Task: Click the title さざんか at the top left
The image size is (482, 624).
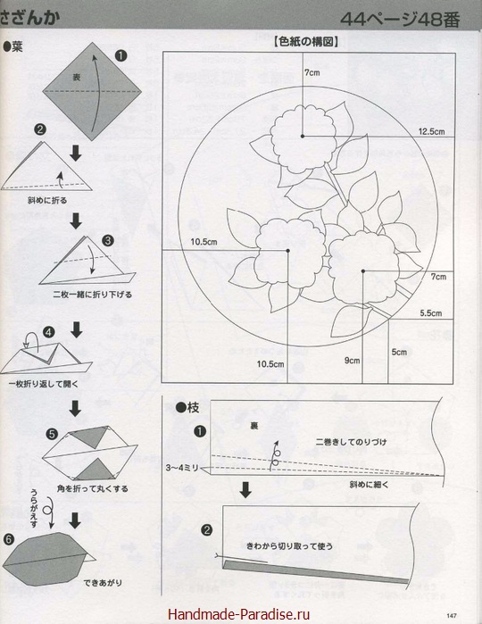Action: pyautogui.click(x=29, y=19)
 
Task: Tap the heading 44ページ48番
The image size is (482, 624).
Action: pyautogui.click(x=400, y=19)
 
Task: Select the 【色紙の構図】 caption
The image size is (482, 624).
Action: pyautogui.click(x=305, y=42)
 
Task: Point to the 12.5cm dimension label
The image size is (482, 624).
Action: pyautogui.click(x=431, y=131)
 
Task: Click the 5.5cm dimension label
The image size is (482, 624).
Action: pyautogui.click(x=430, y=313)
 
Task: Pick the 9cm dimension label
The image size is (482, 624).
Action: pyautogui.click(x=352, y=361)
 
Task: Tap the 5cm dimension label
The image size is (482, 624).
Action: pyautogui.click(x=399, y=352)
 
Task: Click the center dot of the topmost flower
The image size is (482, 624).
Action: pyautogui.click(x=303, y=136)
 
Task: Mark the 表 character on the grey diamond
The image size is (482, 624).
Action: pyautogui.click(x=76, y=77)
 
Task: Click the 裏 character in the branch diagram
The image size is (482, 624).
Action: pyautogui.click(x=253, y=426)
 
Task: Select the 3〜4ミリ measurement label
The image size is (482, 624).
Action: pyautogui.click(x=182, y=468)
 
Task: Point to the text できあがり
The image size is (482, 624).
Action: pyautogui.click(x=103, y=583)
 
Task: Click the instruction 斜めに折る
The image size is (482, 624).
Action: pyautogui.click(x=47, y=200)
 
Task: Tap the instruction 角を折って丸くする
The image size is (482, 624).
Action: pyautogui.click(x=92, y=488)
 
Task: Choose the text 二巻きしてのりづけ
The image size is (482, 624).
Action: pyautogui.click(x=351, y=442)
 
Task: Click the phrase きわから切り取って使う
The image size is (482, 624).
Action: pyautogui.click(x=290, y=546)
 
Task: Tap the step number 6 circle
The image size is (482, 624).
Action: pyautogui.click(x=9, y=539)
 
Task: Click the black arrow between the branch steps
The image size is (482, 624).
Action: pyautogui.click(x=245, y=490)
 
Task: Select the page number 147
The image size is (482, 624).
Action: pyautogui.click(x=452, y=615)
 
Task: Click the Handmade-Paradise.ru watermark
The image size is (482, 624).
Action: pyautogui.click(x=238, y=614)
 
